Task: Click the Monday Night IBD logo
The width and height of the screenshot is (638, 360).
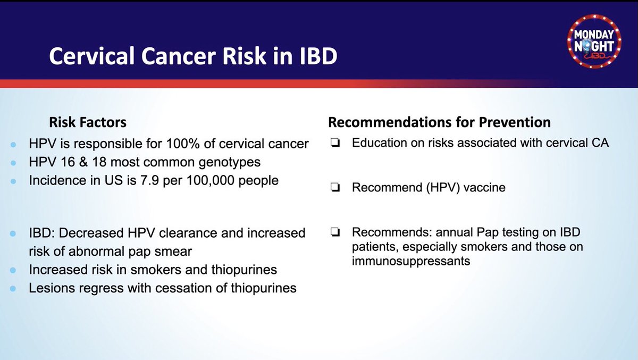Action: coord(594,41)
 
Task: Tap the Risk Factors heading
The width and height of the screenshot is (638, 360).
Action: coord(88,122)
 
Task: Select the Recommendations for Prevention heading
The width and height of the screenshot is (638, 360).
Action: coord(440,122)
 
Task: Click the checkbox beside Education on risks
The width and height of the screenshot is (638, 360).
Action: coord(335,143)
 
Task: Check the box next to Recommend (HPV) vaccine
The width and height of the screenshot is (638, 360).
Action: coord(335,187)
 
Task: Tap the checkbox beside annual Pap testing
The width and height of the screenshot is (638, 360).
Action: coord(335,232)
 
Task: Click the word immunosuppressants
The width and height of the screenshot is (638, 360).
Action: coord(411,261)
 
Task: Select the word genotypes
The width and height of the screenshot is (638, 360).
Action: coord(230,162)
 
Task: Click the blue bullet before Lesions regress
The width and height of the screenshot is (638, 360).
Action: coord(13,289)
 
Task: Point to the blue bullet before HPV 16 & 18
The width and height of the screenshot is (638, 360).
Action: coord(13,163)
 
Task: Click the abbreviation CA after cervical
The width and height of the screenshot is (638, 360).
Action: coord(600,143)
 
